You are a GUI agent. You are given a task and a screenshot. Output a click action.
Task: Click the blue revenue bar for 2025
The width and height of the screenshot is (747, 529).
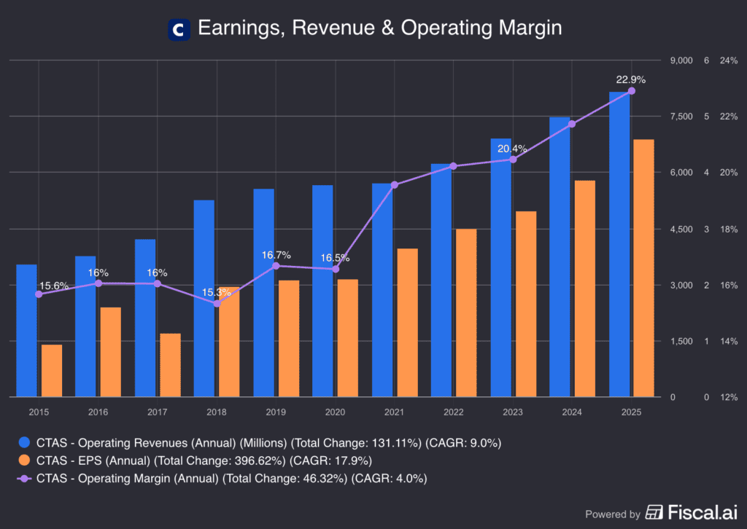pos(619,244)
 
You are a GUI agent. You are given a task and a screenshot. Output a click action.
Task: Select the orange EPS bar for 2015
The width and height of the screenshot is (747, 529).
pos(52,371)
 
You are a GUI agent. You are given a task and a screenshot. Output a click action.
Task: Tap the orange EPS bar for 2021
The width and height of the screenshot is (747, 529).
pos(408,323)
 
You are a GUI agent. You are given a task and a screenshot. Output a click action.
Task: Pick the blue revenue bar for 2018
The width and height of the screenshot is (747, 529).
pos(204,299)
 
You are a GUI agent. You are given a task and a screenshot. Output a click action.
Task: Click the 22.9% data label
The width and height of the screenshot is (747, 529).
pos(631,79)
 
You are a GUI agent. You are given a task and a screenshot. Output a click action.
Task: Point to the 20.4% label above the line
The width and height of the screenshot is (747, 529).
pos(512,148)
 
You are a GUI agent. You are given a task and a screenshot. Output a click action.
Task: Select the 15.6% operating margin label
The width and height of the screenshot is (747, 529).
pos(54,286)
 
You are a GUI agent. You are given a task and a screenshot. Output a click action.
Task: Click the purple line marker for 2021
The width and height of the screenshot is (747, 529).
pos(395,185)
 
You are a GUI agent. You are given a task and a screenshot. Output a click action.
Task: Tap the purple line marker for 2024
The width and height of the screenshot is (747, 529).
pos(572,124)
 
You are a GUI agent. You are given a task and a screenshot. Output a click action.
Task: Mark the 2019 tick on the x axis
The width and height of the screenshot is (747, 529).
pos(276,412)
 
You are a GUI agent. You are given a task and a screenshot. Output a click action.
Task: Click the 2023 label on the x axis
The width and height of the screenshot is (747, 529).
pos(512,412)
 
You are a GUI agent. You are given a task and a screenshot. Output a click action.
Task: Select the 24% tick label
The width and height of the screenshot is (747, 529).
pos(729,60)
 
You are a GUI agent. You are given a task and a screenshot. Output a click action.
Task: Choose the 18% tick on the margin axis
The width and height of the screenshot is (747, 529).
pos(729,230)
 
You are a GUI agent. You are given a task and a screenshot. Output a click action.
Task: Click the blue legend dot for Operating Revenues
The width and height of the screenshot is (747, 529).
pos(24,442)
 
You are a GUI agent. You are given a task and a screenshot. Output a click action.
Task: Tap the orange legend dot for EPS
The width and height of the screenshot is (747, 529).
pos(24,461)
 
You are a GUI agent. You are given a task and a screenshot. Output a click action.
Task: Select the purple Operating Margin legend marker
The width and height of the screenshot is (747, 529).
pos(24,479)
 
